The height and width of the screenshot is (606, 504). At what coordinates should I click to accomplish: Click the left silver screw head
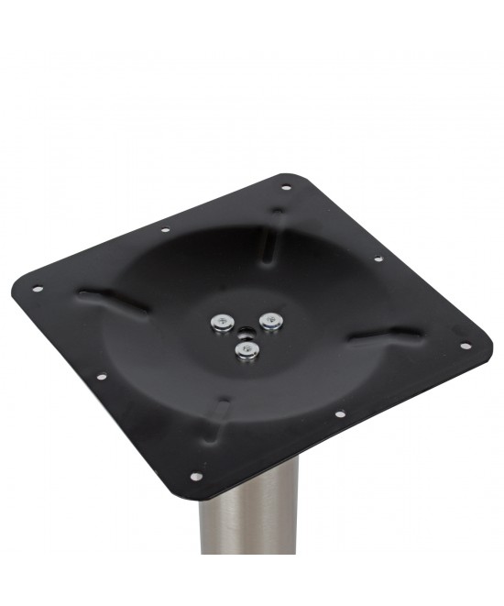221,321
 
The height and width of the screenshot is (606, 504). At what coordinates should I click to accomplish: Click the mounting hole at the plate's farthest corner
286,188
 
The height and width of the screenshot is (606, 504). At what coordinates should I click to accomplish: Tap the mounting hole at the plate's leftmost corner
38,290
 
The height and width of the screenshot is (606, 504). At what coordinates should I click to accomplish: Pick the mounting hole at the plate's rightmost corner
465,347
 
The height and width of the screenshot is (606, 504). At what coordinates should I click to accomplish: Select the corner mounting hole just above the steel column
195,477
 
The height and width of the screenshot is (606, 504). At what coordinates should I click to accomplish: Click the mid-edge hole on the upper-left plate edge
166,229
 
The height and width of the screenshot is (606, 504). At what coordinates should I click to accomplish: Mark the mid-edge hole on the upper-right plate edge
378,259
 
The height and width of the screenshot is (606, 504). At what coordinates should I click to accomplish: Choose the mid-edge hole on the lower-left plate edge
101,375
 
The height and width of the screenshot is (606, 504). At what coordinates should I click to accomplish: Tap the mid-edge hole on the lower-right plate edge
339,413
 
